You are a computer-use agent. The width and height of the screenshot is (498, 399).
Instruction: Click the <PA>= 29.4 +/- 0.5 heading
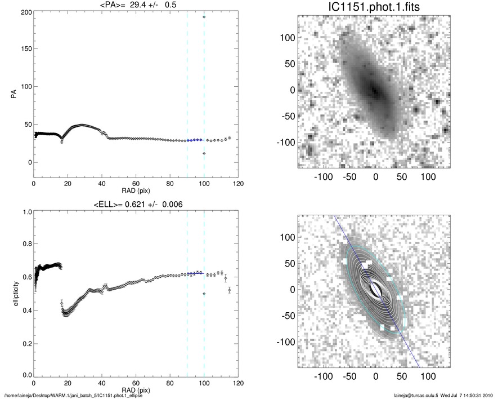click(x=135, y=6)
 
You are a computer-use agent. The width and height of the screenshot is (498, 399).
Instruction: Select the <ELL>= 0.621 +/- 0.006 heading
click(x=135, y=204)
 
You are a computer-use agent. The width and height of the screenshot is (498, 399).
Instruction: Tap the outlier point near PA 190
click(x=204, y=17)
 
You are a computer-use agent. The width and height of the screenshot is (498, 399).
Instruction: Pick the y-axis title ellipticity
click(x=12, y=294)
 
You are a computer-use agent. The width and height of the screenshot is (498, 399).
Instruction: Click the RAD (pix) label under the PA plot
click(x=135, y=190)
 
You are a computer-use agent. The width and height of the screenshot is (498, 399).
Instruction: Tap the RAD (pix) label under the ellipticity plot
click(x=135, y=389)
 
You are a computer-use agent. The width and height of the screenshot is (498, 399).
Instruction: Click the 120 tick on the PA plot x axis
click(x=238, y=184)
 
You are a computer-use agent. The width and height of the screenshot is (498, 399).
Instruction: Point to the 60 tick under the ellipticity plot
click(x=136, y=383)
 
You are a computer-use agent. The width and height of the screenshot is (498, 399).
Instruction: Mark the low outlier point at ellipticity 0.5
click(x=204, y=294)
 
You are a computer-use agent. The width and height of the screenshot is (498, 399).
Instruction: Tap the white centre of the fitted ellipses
click(x=375, y=290)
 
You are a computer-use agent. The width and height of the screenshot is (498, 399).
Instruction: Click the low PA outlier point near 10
click(x=204, y=153)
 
